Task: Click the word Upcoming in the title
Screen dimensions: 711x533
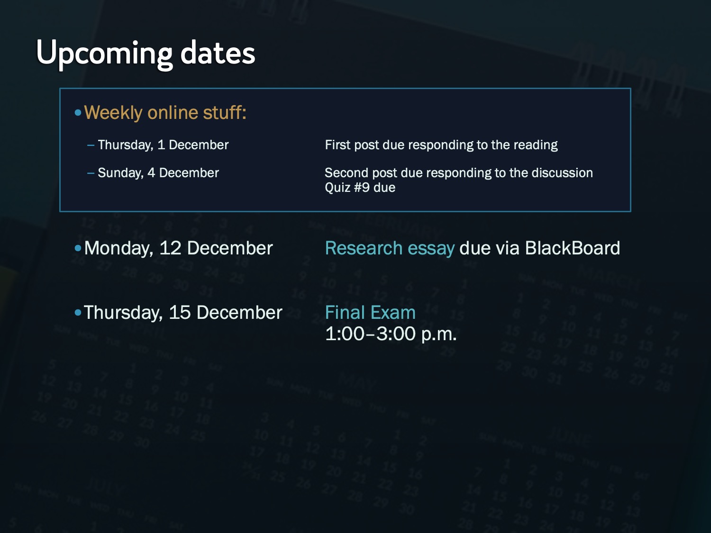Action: tap(104, 54)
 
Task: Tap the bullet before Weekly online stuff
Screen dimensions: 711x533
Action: tap(78, 113)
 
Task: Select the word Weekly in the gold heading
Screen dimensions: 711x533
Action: tap(113, 113)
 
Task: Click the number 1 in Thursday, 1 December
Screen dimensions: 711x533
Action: tap(161, 145)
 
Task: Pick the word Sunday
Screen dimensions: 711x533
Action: tap(120, 173)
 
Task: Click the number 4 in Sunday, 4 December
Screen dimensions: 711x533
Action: tap(151, 173)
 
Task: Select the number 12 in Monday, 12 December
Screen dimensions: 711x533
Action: tap(170, 248)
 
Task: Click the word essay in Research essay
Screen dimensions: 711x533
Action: tap(431, 249)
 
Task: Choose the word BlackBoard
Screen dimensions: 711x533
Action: tap(573, 248)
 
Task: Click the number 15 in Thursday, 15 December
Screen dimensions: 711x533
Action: tap(180, 313)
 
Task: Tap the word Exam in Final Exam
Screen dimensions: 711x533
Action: tap(393, 313)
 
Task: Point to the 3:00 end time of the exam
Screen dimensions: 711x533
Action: tap(396, 334)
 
